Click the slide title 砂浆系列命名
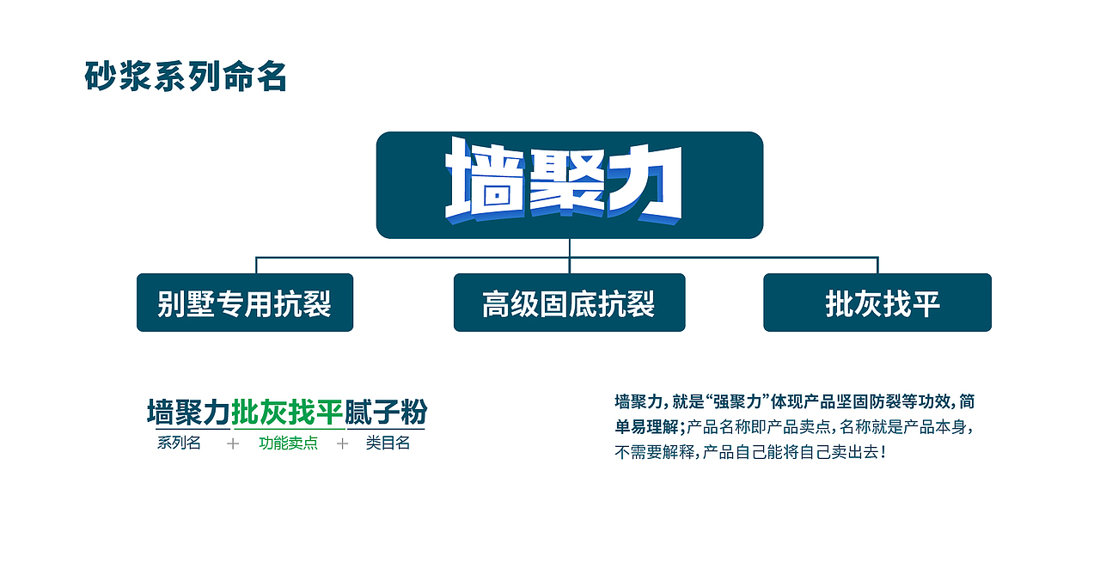point(186,76)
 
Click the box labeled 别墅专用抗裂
point(245,303)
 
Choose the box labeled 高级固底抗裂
point(569,303)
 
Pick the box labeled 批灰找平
point(877,303)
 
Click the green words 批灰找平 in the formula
point(288,413)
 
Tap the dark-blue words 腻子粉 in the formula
point(386,413)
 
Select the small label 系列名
point(179,443)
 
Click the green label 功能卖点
point(288,443)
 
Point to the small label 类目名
point(388,443)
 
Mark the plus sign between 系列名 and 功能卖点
point(233,443)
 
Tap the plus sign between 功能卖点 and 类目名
point(343,443)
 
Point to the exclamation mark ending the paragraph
point(883,451)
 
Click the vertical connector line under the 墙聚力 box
point(570,248)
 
